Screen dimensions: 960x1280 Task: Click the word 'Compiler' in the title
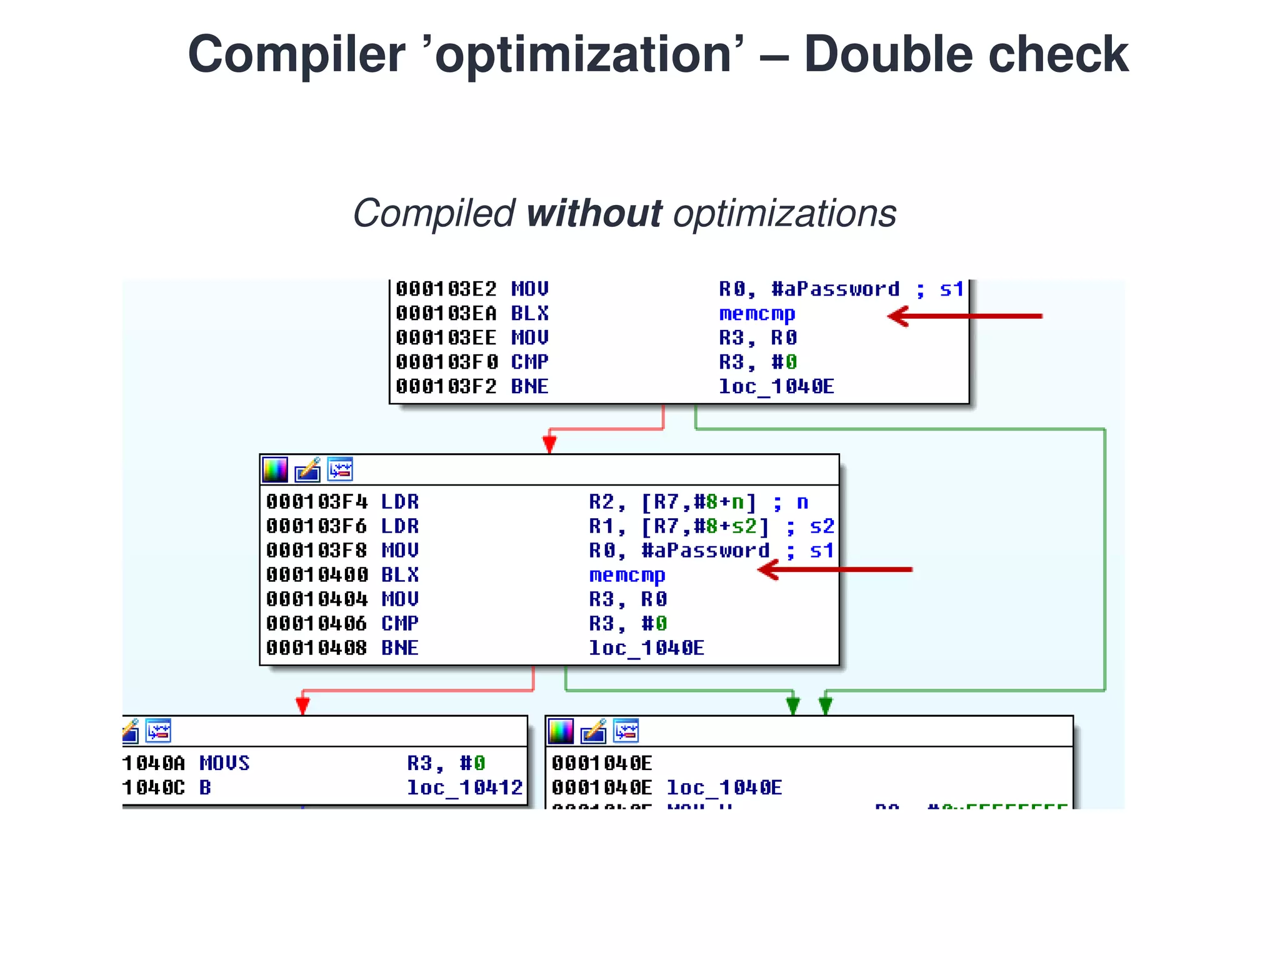click(296, 55)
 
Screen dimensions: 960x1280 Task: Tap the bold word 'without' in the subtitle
click(594, 214)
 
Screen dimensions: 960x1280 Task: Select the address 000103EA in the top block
click(446, 313)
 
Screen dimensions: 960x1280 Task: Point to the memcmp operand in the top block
click(757, 313)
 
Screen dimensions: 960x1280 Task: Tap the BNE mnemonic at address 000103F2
click(529, 386)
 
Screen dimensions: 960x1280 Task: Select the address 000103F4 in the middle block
click(316, 502)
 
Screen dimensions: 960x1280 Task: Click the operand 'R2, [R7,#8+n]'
click(672, 502)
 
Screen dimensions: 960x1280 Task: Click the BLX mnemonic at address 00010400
click(400, 575)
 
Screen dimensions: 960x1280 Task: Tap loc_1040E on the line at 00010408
click(646, 648)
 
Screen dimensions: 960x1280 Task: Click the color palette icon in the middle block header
click(275, 470)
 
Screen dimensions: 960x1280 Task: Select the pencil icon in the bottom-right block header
click(593, 731)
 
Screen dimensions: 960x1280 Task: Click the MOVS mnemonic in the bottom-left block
click(224, 763)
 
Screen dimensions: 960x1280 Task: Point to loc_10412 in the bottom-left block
click(464, 787)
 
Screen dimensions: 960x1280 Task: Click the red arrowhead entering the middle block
click(549, 444)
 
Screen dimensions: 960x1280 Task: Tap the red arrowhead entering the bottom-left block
click(302, 705)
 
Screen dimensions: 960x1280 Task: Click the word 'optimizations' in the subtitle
click(784, 214)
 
